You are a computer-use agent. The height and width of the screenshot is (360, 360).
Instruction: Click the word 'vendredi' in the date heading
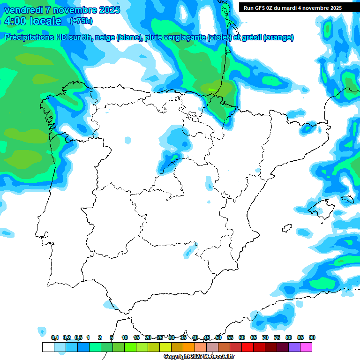point(24,10)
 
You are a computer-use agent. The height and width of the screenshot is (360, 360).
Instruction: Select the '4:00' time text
point(17,21)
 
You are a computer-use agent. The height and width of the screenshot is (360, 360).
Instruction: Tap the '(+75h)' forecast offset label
point(81,21)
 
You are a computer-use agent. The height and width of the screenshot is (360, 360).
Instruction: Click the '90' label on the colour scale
point(312,337)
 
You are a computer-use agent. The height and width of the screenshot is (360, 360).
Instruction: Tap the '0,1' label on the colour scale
point(55,337)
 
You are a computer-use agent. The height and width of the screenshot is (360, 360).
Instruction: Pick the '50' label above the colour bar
point(218,337)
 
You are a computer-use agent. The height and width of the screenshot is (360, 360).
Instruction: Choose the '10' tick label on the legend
point(125,337)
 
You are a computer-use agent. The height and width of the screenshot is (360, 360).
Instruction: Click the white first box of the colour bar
point(48,347)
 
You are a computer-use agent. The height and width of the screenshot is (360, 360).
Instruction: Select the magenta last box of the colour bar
point(306,347)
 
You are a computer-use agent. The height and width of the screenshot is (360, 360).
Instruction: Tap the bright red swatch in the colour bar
point(247,347)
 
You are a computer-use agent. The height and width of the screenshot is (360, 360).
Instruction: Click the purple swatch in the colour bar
point(294,347)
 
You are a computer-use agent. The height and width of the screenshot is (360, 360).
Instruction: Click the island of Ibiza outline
point(287,228)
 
